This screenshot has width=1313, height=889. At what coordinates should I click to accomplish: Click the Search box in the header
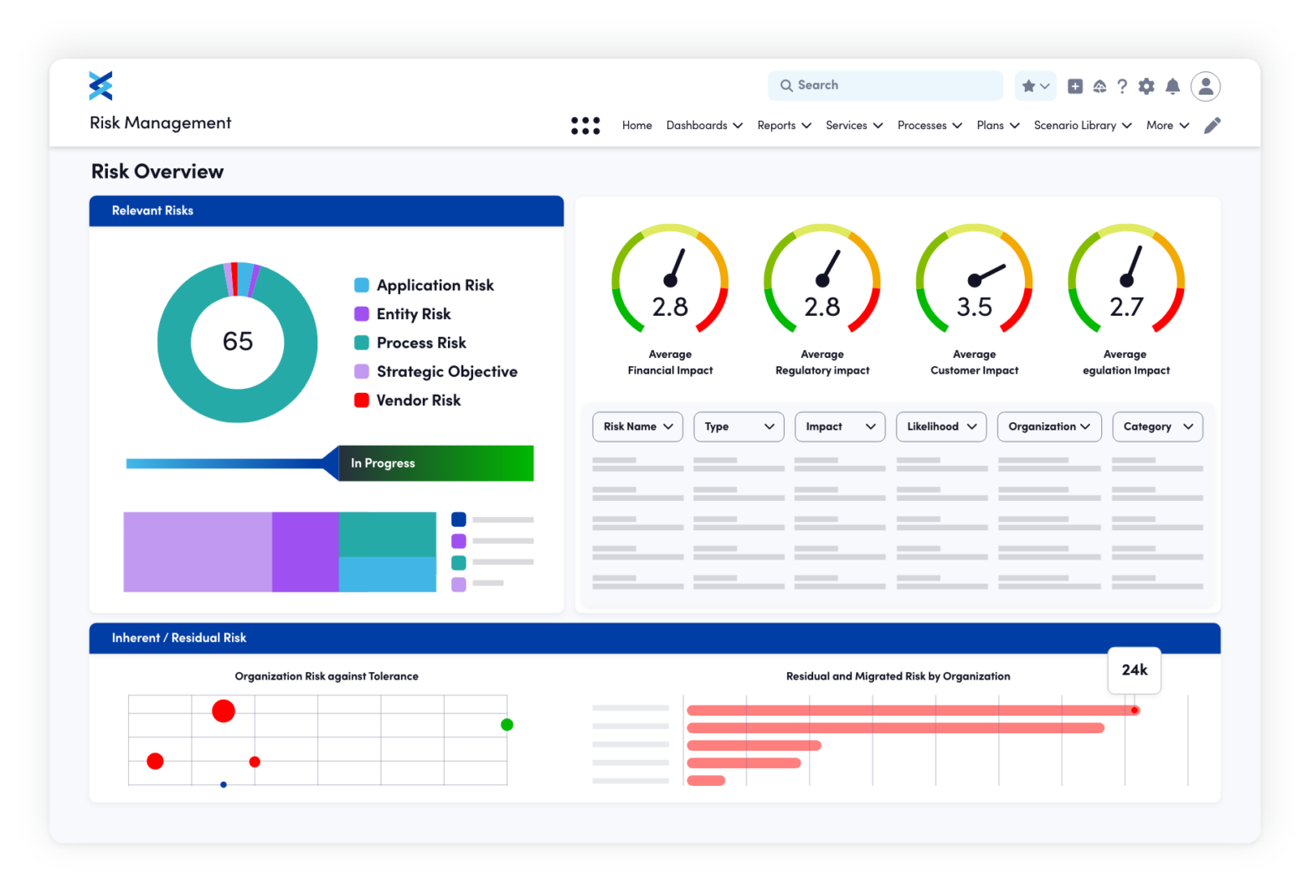pyautogui.click(x=884, y=85)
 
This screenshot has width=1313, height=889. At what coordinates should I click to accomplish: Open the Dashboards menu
pyautogui.click(x=704, y=126)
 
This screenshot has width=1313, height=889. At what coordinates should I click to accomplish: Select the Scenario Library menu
pyautogui.click(x=1082, y=126)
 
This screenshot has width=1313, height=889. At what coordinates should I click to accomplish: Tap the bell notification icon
pyautogui.click(x=1172, y=86)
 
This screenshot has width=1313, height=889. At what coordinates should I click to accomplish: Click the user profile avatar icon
pyautogui.click(x=1205, y=86)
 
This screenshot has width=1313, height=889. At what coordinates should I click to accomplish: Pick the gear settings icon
pyautogui.click(x=1146, y=86)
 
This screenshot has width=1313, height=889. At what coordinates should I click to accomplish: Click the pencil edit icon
pyautogui.click(x=1212, y=126)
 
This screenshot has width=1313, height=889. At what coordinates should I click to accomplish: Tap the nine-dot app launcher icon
pyautogui.click(x=585, y=126)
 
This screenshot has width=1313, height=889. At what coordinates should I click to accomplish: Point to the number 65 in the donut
pyautogui.click(x=238, y=342)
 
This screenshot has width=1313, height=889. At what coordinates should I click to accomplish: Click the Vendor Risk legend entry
pyautogui.click(x=418, y=401)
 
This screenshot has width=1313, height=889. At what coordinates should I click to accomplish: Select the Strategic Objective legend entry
pyautogui.click(x=446, y=372)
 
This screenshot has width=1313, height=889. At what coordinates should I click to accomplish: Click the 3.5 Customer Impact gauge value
pyautogui.click(x=974, y=307)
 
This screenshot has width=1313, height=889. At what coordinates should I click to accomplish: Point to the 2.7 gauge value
pyautogui.click(x=1126, y=307)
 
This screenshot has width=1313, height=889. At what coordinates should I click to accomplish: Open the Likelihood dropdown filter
pyautogui.click(x=941, y=426)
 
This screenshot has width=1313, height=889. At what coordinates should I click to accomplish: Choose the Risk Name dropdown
pyautogui.click(x=637, y=426)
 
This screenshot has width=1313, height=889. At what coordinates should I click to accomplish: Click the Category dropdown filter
pyautogui.click(x=1157, y=426)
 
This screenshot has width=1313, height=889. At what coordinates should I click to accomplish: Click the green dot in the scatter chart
pyautogui.click(x=507, y=725)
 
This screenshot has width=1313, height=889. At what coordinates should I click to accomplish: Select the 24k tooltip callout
pyautogui.click(x=1134, y=670)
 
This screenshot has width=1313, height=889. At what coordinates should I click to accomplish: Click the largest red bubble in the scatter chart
pyautogui.click(x=224, y=711)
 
